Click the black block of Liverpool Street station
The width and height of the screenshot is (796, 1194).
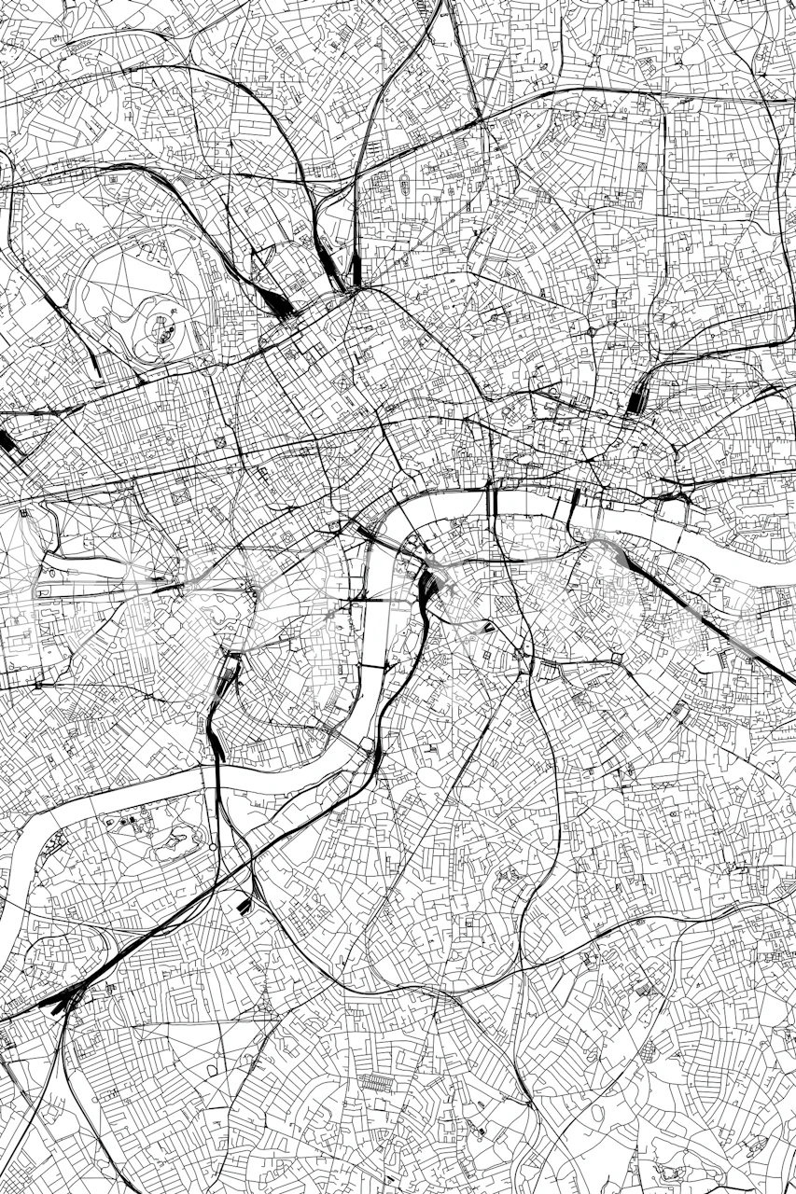[x=638, y=399]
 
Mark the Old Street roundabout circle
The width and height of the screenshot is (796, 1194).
[x=592, y=330]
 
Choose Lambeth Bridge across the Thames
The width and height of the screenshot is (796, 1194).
[x=371, y=667]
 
